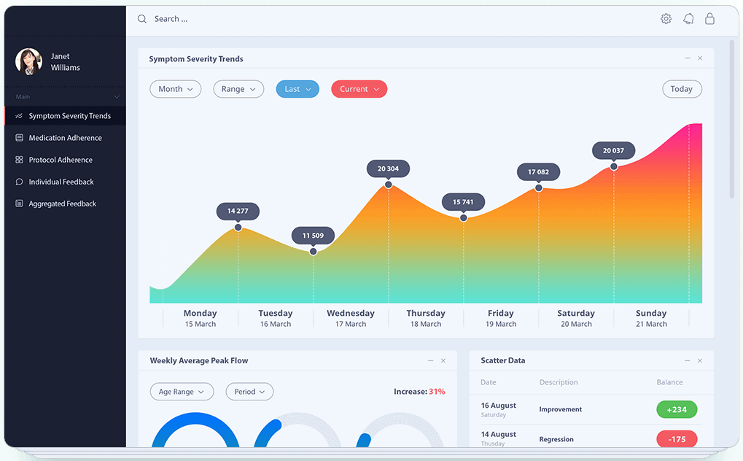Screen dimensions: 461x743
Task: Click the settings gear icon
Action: tap(666, 19)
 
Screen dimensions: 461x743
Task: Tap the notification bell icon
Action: tap(688, 19)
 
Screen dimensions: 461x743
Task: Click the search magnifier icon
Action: tap(142, 19)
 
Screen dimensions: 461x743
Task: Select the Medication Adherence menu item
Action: tap(65, 138)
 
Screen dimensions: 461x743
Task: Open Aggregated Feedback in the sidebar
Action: tap(62, 204)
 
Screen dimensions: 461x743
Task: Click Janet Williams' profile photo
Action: tap(28, 61)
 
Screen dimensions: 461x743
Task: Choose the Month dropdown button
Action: tap(175, 89)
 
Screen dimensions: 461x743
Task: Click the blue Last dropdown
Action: tap(297, 89)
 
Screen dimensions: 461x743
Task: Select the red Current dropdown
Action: tap(359, 89)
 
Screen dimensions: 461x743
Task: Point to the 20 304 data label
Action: tap(388, 168)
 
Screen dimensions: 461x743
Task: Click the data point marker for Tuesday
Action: tap(314, 252)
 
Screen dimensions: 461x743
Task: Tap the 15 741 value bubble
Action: tap(463, 202)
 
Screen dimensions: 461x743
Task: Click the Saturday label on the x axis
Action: tap(576, 314)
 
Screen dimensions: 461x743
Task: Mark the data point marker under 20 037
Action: tap(614, 166)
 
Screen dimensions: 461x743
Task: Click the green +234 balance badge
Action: tap(677, 409)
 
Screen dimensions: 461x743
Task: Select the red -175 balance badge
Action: tap(677, 439)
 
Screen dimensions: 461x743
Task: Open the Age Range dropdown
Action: tap(182, 392)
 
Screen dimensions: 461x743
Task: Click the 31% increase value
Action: tap(437, 392)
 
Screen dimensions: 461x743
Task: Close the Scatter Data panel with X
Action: tap(700, 360)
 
